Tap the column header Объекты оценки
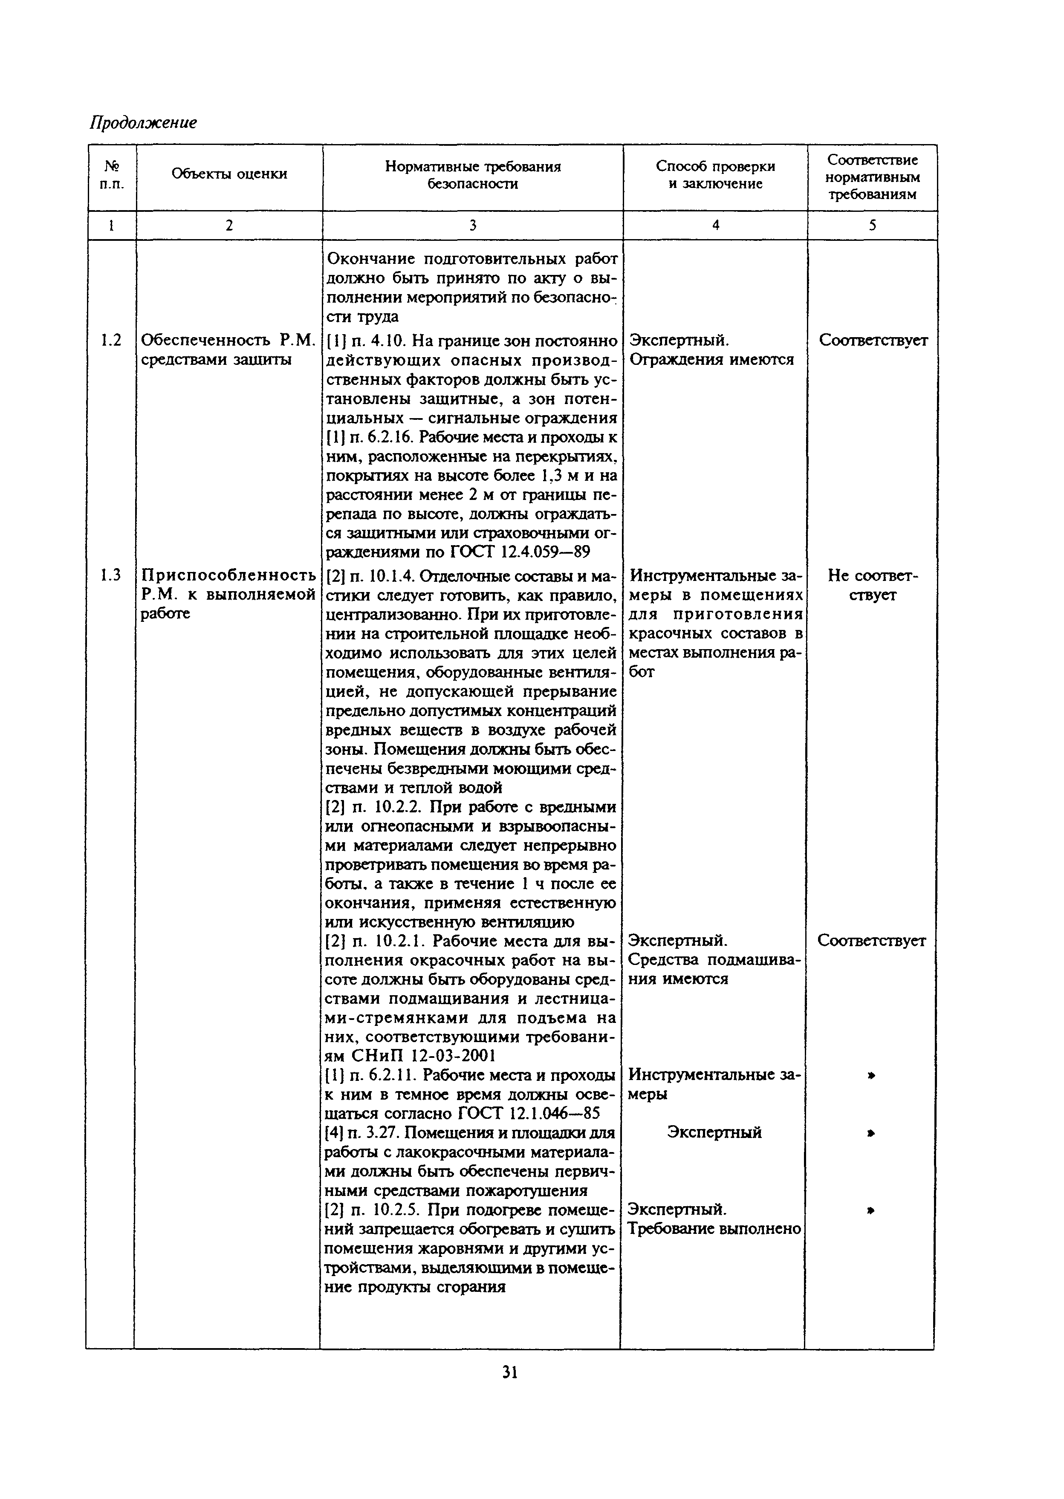click(229, 174)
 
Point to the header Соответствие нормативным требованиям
click(872, 177)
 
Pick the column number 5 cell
click(872, 225)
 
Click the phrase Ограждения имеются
click(711, 360)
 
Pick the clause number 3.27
click(377, 1133)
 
